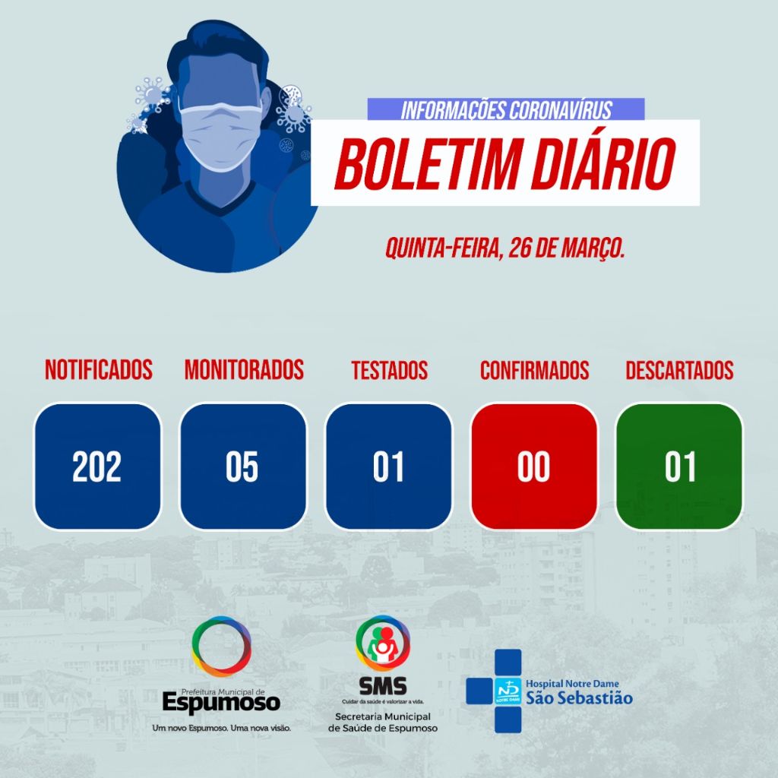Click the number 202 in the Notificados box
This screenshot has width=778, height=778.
point(96,466)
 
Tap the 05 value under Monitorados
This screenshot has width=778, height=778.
point(242,466)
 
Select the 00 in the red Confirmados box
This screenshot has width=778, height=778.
point(533,466)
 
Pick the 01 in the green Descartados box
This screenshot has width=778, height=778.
point(680,466)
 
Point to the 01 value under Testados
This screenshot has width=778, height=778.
point(388,466)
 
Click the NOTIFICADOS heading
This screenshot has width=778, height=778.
point(99,370)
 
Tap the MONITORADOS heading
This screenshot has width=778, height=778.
point(244,370)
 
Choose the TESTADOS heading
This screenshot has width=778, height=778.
point(390,370)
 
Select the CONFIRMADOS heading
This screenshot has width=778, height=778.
point(534,370)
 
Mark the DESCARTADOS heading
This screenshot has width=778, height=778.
point(679,370)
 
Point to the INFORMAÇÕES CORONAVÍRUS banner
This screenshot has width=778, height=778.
point(506,109)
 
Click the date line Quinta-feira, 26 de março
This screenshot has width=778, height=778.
point(504,248)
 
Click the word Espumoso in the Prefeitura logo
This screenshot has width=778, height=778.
point(221,703)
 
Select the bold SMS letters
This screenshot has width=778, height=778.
point(383,687)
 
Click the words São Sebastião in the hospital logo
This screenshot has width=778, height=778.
point(579,698)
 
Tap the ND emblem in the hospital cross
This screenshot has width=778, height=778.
point(508,691)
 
